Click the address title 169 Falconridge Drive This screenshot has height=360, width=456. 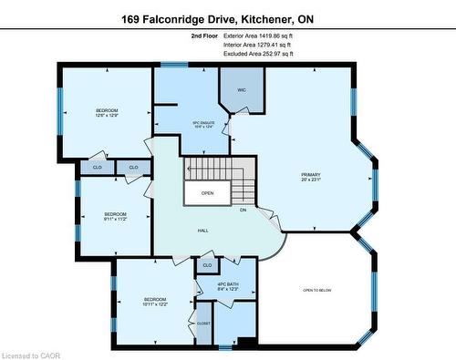[x=228, y=17]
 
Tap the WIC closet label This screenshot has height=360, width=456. [x=242, y=90]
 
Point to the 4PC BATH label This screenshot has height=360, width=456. [x=228, y=287]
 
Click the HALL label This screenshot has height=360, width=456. [x=204, y=231]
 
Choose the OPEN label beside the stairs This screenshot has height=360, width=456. [x=208, y=193]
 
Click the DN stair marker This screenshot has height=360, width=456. [x=244, y=210]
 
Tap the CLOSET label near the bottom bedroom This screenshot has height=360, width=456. [x=202, y=323]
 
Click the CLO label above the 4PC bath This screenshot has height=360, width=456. [x=207, y=265]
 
